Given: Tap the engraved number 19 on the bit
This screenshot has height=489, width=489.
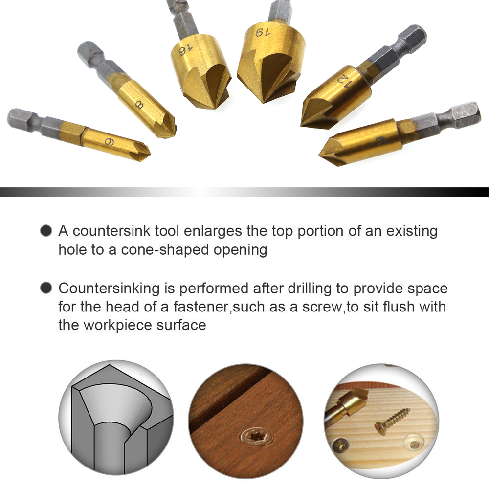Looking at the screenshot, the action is click(x=263, y=32).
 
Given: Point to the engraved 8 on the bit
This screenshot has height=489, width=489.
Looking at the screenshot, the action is click(x=139, y=105).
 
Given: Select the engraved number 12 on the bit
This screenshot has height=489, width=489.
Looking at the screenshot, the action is click(x=344, y=82).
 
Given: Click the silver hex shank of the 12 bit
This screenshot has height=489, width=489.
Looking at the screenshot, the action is click(x=395, y=50).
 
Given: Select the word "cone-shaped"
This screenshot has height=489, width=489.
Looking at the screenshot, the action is click(x=165, y=250).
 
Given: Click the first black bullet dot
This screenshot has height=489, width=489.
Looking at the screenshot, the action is click(x=46, y=231).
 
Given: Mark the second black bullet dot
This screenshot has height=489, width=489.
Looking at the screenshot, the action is click(x=46, y=288).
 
